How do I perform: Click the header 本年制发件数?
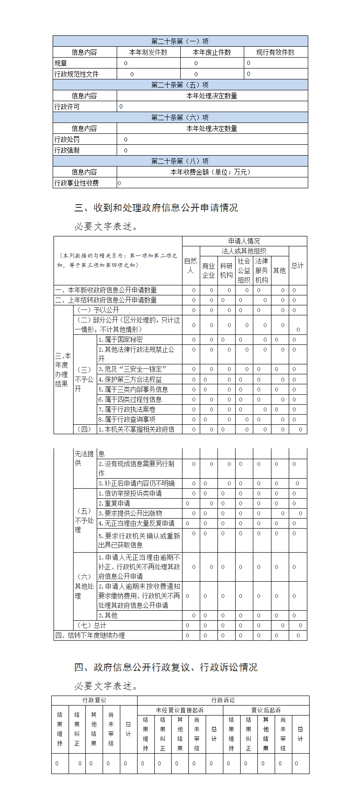pyautogui.click(x=148, y=52)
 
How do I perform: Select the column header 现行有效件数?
pyautogui.click(x=276, y=52)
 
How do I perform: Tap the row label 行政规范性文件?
pyautogui.click(x=77, y=74)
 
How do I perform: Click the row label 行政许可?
pyautogui.click(x=67, y=107)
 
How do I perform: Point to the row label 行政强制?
pyautogui.click(x=67, y=150)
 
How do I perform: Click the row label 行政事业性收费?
pyautogui.click(x=77, y=183)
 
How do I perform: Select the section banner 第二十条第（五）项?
pyautogui.click(x=180, y=85)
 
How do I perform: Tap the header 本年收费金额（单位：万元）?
pyautogui.click(x=212, y=172)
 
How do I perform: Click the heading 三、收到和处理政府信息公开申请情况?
pyautogui.click(x=156, y=208)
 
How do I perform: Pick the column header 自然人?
pyautogui.click(x=191, y=265)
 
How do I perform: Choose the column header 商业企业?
pyautogui.click(x=208, y=270)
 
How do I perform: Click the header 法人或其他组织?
pyautogui.click(x=244, y=251)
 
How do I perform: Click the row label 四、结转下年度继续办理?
pyautogui.click(x=90, y=635)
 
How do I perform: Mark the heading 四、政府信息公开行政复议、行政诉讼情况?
pyautogui.click(x=166, y=667)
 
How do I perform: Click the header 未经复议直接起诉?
pyautogui.click(x=180, y=710)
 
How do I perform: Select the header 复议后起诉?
pyautogui.click(x=266, y=710)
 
